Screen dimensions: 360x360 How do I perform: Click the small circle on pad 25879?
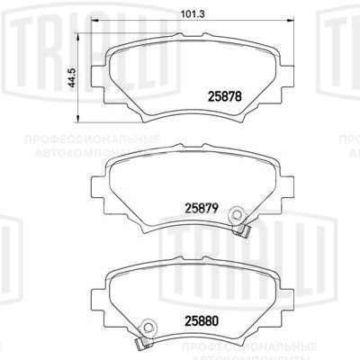(x=238, y=215)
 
